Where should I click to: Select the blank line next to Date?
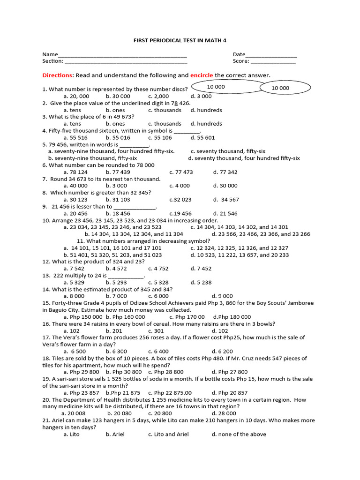[271, 55]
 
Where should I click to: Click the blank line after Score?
[273, 62]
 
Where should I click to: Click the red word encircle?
[202, 75]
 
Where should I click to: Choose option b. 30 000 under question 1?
[118, 96]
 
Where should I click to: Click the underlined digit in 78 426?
[176, 103]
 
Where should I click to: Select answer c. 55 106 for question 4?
[160, 138]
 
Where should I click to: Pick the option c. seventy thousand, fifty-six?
[228, 151]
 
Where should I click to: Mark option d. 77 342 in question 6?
[225, 172]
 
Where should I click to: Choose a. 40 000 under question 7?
[75, 186]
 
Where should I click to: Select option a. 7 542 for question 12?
[74, 269]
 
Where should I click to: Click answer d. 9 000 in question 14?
[222, 296]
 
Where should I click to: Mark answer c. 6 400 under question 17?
[158, 352]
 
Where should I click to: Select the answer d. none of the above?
[239, 435]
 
